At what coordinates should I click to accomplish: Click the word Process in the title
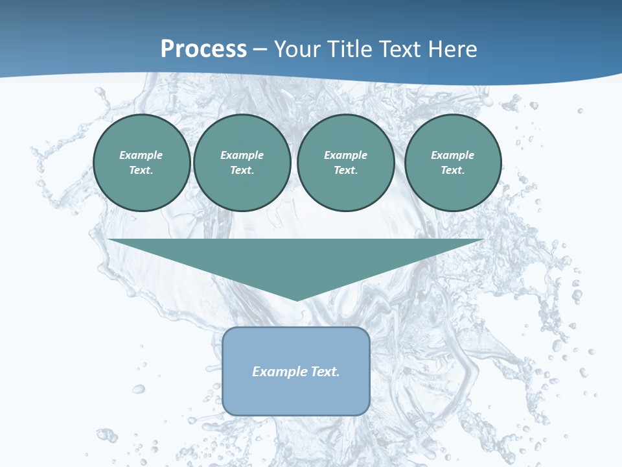pyautogui.click(x=203, y=49)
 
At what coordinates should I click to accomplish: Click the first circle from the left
pyautogui.click(x=142, y=163)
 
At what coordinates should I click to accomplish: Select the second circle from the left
pyautogui.click(x=242, y=163)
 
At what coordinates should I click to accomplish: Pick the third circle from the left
pyautogui.click(x=346, y=163)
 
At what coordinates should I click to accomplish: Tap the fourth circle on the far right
pyautogui.click(x=453, y=163)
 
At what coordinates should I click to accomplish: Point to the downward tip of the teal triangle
pyautogui.click(x=297, y=299)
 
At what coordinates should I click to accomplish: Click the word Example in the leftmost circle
pyautogui.click(x=141, y=155)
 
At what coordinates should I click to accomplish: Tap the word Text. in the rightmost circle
pyautogui.click(x=453, y=171)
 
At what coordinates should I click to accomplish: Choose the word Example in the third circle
pyautogui.click(x=346, y=155)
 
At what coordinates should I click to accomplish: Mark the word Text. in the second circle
pyautogui.click(x=242, y=171)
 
